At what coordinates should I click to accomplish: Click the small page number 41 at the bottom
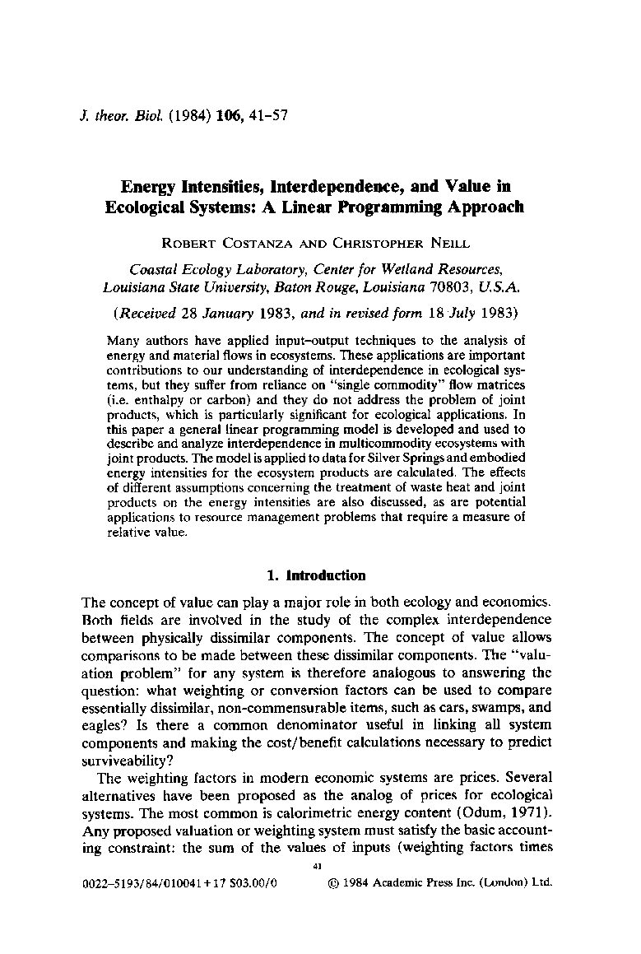click(318, 866)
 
